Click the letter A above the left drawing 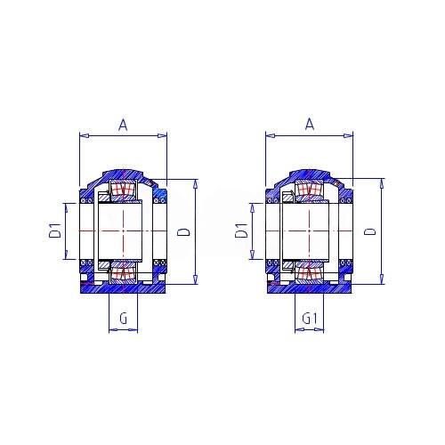tap(123, 125)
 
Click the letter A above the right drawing tap(310, 124)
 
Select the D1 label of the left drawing tap(56, 231)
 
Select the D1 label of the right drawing tap(242, 231)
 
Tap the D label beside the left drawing tap(183, 231)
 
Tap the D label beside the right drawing tap(369, 231)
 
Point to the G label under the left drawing tap(123, 319)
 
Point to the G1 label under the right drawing tap(310, 319)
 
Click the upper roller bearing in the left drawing tap(123, 190)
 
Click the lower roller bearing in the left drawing tap(123, 272)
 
